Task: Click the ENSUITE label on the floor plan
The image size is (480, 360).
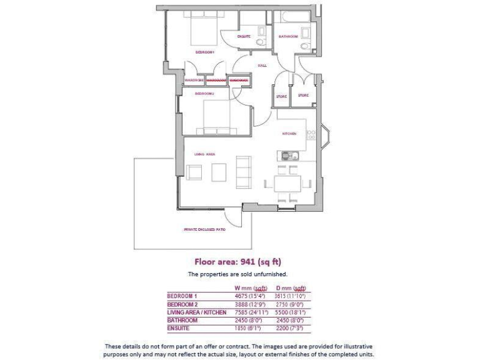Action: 244,36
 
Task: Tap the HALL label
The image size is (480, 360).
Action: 262,65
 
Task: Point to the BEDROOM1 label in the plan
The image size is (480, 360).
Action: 205,52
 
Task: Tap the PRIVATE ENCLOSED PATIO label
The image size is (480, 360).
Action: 205,229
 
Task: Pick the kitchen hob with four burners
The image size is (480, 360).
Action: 311,132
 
